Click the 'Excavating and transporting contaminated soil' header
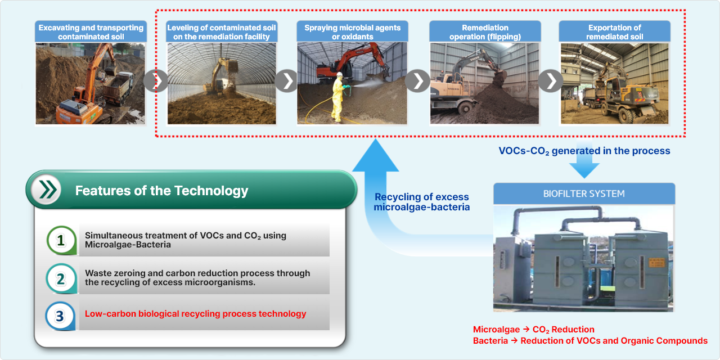91,31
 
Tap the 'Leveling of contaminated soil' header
222,31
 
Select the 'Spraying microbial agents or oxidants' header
352,31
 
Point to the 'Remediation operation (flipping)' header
485,31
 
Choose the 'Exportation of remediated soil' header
615,31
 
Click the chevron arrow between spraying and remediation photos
417,80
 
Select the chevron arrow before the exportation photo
551,80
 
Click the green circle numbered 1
61,240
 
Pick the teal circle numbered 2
61,278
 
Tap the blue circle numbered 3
60,316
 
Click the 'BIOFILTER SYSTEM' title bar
584,193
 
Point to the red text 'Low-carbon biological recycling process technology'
195,314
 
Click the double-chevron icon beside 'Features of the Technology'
47,190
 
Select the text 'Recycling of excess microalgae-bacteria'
422,202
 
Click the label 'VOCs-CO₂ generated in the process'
584,151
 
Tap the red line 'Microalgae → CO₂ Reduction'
534,330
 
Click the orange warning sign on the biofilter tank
656,262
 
